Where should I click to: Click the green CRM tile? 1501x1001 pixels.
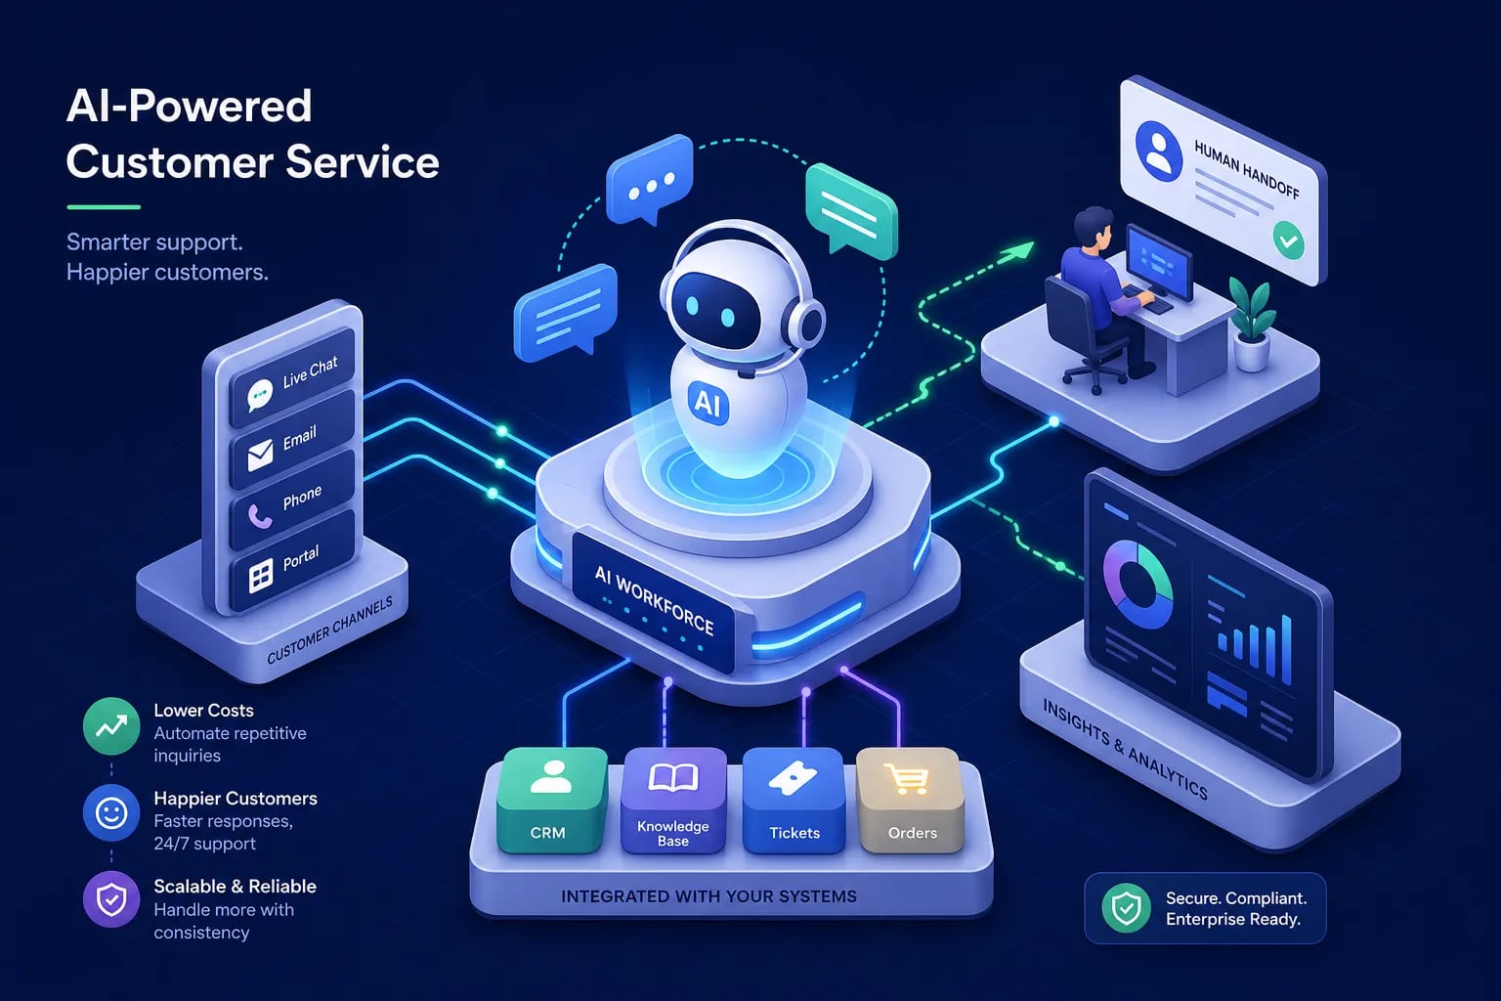[551, 800]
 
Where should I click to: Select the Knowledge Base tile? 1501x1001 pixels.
[673, 800]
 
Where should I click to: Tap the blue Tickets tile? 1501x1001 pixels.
[793, 800]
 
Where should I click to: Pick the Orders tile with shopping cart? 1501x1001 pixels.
[911, 800]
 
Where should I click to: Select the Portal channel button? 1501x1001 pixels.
[291, 562]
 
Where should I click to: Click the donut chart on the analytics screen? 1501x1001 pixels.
[1137, 584]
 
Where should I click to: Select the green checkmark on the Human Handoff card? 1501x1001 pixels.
[1288, 240]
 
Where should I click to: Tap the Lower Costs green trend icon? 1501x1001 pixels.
[111, 726]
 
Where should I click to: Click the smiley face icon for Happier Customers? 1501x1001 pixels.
[111, 813]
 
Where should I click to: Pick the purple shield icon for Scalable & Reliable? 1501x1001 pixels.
[111, 899]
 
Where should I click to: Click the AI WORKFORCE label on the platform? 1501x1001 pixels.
[655, 601]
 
